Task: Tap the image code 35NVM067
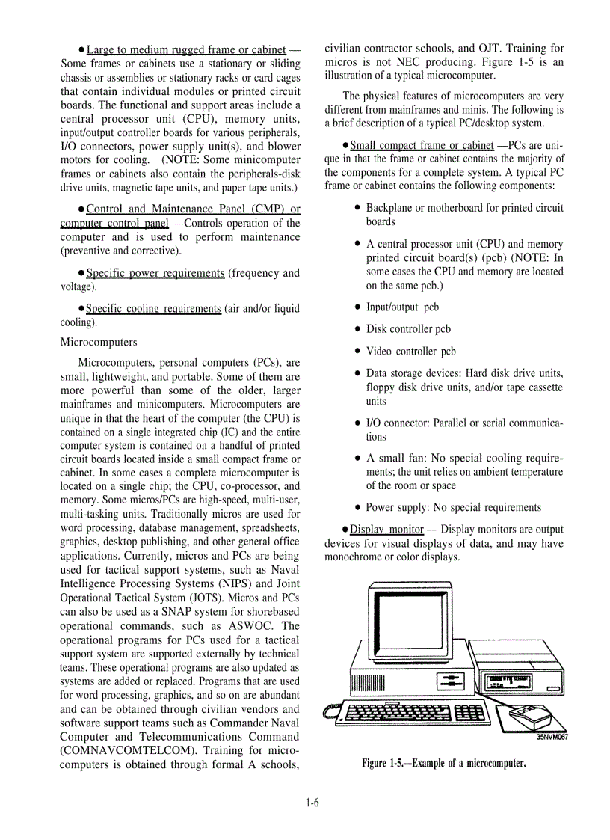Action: [552, 736]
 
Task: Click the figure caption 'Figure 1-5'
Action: [444, 763]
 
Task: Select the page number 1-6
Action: [312, 803]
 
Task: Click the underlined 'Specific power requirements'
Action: [155, 272]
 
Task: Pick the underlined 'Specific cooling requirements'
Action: [153, 308]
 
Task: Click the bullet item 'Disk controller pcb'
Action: [408, 328]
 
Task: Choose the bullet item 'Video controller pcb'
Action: [410, 351]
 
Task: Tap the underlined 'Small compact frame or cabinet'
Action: [422, 144]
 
